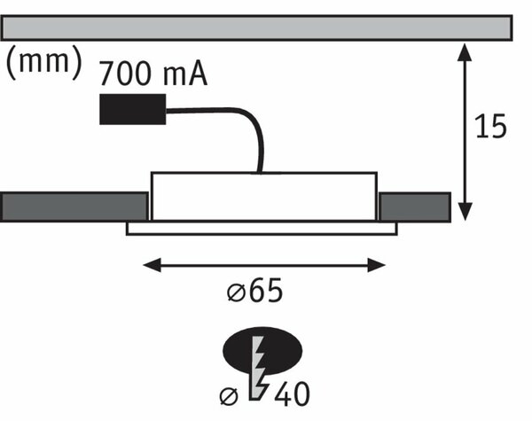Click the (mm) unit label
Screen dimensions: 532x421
[x=44, y=62]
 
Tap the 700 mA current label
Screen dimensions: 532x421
[x=153, y=74]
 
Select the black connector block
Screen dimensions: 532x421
[x=133, y=109]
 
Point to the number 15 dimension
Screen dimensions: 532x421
[x=490, y=126]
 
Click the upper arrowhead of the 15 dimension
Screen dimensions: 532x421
[x=465, y=52]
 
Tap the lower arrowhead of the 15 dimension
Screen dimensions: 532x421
[x=465, y=212]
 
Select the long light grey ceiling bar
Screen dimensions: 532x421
[x=256, y=27]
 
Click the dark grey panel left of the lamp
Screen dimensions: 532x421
[x=74, y=207]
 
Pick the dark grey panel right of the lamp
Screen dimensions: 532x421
[x=415, y=207]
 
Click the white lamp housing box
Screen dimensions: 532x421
[x=264, y=197]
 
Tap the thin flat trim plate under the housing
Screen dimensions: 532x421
[x=262, y=229]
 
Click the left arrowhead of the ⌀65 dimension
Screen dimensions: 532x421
[x=152, y=265]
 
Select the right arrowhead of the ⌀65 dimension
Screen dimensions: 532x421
[x=376, y=265]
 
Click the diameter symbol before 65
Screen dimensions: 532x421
[x=236, y=292]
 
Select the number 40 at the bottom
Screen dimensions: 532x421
[x=292, y=394]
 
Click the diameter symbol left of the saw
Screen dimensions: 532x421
[x=229, y=396]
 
